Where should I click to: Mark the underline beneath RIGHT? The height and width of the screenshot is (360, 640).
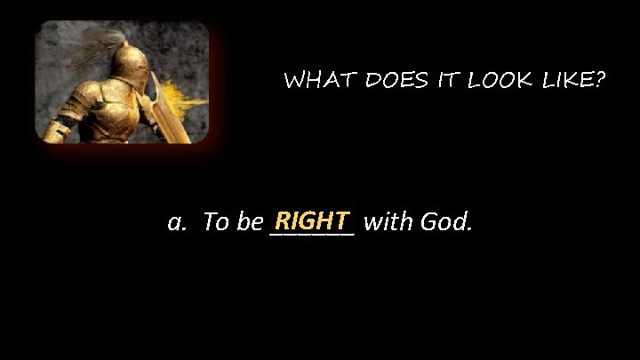[x=311, y=235]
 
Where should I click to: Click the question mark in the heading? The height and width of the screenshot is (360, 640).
[x=602, y=82]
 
